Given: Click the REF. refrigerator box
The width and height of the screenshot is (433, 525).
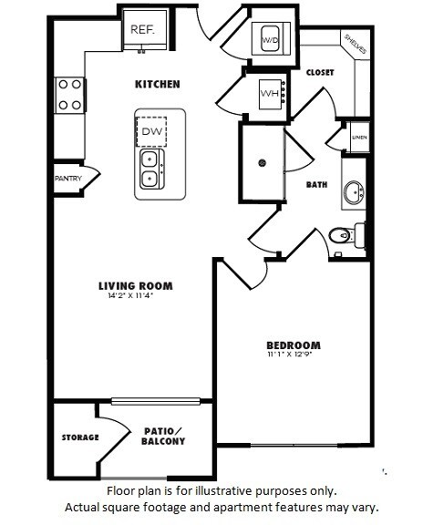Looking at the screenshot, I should pyautogui.click(x=142, y=29).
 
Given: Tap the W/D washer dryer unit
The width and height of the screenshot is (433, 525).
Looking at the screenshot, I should pyautogui.click(x=271, y=40).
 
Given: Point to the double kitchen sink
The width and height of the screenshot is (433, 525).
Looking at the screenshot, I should pyautogui.click(x=151, y=169).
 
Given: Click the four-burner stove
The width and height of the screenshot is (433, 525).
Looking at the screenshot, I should pyautogui.click(x=69, y=93).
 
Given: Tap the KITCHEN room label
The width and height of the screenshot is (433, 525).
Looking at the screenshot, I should pyautogui.click(x=158, y=84).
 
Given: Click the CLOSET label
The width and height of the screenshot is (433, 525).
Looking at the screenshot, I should pyautogui.click(x=319, y=72).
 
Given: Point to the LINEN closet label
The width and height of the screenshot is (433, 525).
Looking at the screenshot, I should pyautogui.click(x=359, y=138).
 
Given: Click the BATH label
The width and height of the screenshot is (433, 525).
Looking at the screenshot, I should pyautogui.click(x=316, y=184).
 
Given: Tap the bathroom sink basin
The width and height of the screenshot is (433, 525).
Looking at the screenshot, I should pyautogui.click(x=355, y=193).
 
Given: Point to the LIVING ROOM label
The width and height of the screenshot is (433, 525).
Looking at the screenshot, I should pyautogui.click(x=135, y=286).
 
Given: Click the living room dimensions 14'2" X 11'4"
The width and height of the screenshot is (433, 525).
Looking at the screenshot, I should pyautogui.click(x=135, y=296).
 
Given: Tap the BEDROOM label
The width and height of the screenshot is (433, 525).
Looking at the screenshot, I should pyautogui.click(x=294, y=345).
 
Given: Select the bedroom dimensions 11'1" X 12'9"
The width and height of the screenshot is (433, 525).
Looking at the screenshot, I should pyautogui.click(x=294, y=355).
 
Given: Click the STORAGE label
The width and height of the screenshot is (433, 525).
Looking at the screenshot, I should pyautogui.click(x=80, y=437).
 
